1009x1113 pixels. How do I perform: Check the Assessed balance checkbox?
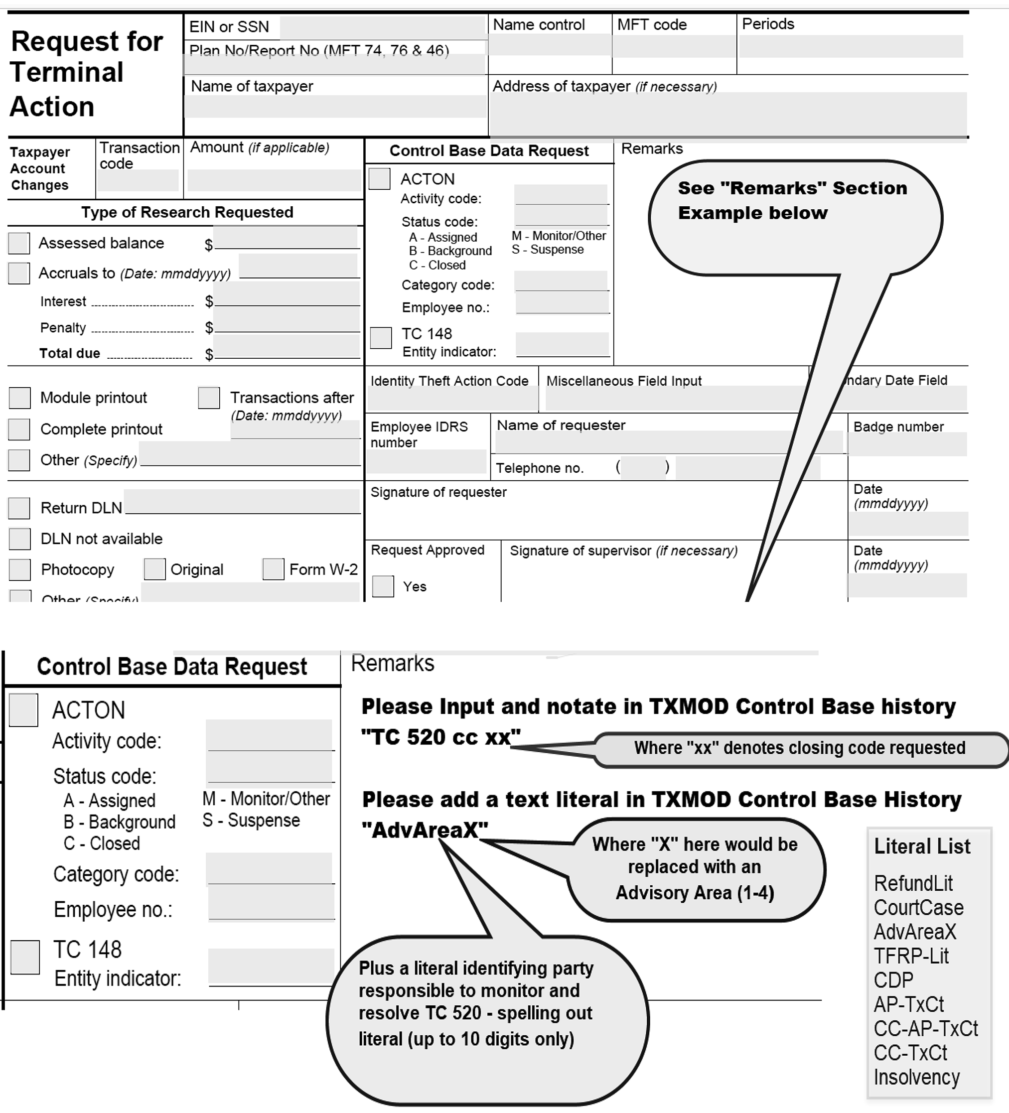19,243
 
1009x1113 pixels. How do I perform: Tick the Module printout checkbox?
20,398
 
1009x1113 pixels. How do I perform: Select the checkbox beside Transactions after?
209,398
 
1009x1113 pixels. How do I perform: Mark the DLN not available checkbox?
20,539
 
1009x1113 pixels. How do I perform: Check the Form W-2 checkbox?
273,569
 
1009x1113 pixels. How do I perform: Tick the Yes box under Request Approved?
383,586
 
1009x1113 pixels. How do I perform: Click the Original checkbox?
154,569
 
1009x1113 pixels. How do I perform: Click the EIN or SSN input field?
382,27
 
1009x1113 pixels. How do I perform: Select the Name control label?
539,25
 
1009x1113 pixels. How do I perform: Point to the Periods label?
768,24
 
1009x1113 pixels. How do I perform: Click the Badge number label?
898,427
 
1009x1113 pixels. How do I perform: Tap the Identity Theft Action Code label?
449,381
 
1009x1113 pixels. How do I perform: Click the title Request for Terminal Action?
87,73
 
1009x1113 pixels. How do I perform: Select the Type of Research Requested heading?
187,213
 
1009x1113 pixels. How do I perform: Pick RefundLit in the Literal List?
913,883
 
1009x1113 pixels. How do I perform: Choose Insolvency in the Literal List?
917,1077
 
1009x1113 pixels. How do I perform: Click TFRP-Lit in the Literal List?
911,956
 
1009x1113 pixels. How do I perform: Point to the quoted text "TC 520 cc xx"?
440,737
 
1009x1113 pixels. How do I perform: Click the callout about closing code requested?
800,748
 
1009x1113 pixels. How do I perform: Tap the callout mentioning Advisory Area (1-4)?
695,868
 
